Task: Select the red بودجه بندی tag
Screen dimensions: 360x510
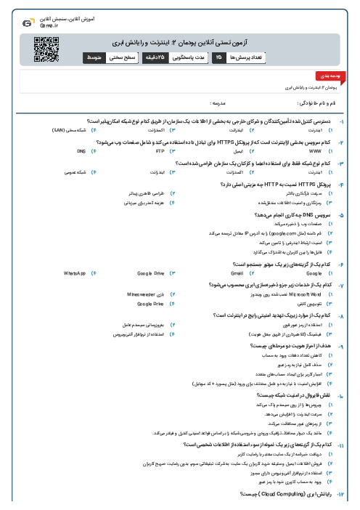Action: [324, 75]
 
